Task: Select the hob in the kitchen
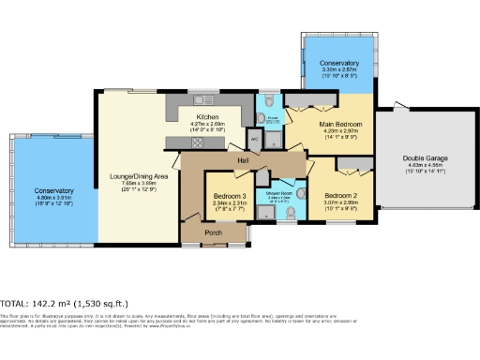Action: point(198,142)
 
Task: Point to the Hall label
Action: point(242,161)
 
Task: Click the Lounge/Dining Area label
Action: point(138,176)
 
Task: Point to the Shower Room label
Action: point(280,191)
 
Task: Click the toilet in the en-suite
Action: point(269,99)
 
